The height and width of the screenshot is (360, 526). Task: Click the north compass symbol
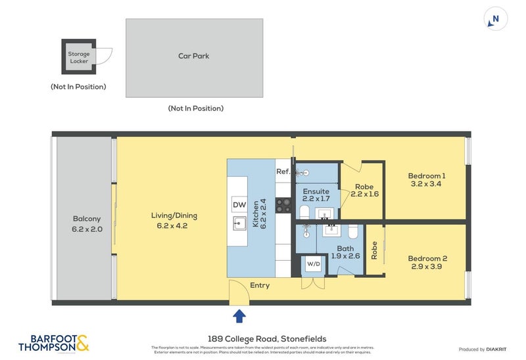[494, 18]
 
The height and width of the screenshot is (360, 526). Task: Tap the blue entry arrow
[239, 316]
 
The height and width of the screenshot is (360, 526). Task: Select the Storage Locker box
[79, 58]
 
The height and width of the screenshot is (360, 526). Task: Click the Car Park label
[194, 56]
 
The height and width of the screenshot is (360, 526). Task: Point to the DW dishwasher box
[239, 205]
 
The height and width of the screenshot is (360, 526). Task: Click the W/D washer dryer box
[314, 265]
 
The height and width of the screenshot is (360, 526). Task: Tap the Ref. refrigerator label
[283, 172]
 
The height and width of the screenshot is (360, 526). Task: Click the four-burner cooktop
[283, 206]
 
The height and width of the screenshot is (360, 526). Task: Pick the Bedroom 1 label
[427, 176]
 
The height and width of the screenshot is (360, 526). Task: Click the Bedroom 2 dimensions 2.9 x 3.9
[427, 267]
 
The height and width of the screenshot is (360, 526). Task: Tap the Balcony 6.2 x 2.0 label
[86, 224]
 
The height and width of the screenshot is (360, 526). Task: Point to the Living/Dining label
[174, 215]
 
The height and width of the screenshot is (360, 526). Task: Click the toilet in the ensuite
[304, 212]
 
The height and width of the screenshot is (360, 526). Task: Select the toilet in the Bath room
[353, 232]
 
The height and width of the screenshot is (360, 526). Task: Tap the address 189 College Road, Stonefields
[263, 339]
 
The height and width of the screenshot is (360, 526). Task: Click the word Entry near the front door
[260, 286]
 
